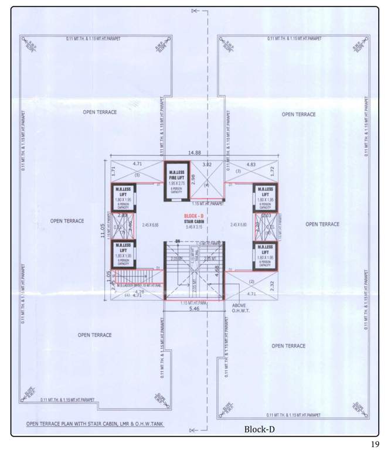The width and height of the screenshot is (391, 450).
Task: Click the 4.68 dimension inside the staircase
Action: tap(217, 271)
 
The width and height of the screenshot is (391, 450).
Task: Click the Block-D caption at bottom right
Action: tap(259, 429)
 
